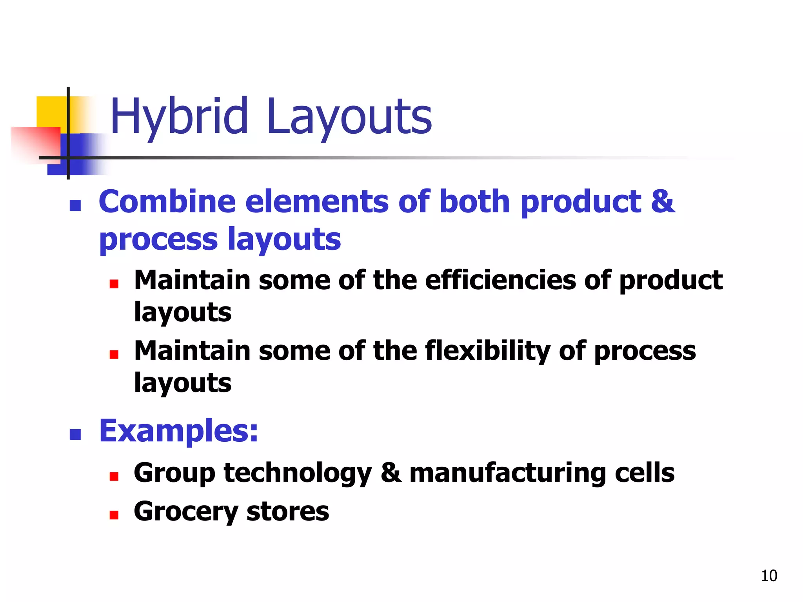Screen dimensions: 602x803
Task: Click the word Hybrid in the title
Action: click(x=179, y=117)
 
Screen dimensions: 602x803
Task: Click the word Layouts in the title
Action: click(x=349, y=117)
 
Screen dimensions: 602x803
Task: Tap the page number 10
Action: click(x=769, y=576)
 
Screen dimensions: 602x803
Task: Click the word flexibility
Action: click(x=487, y=351)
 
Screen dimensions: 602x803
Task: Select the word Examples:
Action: click(x=179, y=431)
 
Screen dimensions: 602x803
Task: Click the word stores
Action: click(x=288, y=512)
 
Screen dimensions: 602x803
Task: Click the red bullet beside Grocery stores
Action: click(x=114, y=515)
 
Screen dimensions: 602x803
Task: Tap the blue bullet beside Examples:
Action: click(x=75, y=434)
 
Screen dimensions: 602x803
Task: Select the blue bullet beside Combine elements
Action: click(x=75, y=205)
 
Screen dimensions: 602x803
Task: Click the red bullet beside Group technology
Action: click(x=114, y=477)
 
